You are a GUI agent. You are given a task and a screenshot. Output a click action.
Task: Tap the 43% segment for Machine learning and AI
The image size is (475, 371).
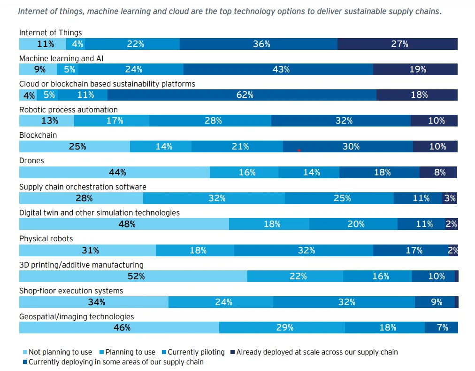click(x=281, y=70)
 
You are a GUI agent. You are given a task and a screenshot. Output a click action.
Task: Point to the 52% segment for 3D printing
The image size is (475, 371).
click(x=136, y=276)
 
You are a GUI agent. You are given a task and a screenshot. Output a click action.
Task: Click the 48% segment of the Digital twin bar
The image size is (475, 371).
click(x=127, y=224)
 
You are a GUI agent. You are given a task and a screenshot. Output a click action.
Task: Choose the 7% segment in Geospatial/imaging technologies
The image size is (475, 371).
click(x=442, y=328)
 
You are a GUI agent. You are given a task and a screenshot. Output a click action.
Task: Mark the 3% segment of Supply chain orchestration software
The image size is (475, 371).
click(x=450, y=198)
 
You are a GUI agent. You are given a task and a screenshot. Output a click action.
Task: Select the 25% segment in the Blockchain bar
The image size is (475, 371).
click(x=77, y=147)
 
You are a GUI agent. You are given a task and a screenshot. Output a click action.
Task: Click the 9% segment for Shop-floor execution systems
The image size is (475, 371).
click(x=437, y=302)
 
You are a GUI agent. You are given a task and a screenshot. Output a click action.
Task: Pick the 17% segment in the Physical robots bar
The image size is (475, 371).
click(x=414, y=251)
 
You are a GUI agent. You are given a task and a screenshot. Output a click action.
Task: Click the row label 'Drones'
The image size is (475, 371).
click(x=31, y=161)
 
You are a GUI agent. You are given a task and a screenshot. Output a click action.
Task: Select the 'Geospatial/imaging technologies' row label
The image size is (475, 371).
click(x=77, y=316)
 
